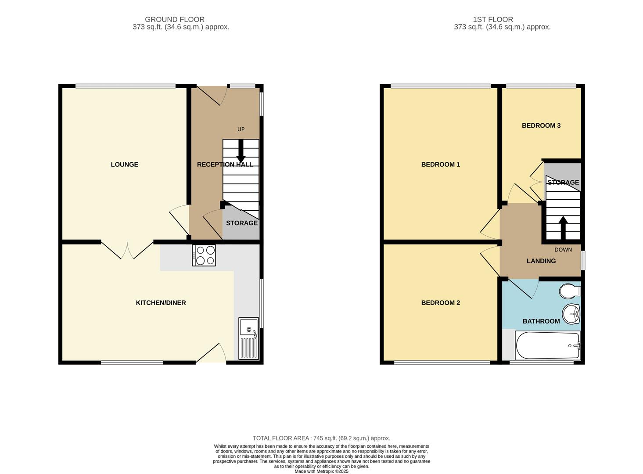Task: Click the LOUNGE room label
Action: (124, 165)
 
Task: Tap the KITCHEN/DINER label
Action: (161, 303)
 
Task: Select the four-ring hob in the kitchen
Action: (204, 255)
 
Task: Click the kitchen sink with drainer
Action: (249, 338)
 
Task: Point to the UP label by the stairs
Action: (241, 129)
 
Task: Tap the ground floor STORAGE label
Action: (241, 223)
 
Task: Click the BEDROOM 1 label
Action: (440, 165)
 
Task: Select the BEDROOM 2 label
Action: (440, 303)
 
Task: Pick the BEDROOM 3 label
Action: (541, 126)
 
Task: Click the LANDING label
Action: (541, 261)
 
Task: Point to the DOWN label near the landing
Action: (563, 250)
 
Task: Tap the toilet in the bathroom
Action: (570, 291)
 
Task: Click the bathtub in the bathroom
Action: (549, 346)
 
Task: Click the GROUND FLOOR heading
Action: (174, 19)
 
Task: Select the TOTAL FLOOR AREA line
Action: (321, 438)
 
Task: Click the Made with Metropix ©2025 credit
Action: (321, 471)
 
